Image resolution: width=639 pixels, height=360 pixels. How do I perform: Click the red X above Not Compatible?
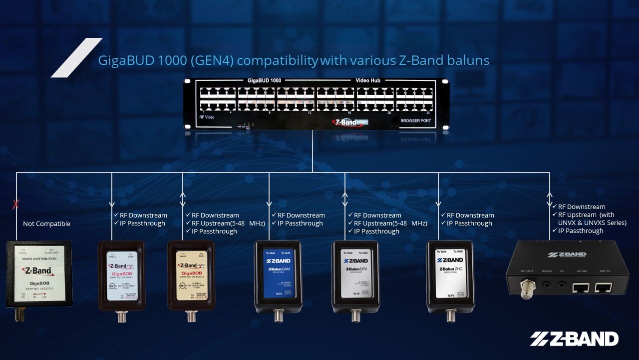(16, 203)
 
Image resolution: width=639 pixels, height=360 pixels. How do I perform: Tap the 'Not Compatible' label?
(46, 224)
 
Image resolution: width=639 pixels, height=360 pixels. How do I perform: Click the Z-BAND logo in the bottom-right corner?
(574, 339)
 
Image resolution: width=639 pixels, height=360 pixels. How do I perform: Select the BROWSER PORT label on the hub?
(415, 121)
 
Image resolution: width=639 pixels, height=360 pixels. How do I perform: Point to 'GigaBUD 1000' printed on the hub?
(264, 80)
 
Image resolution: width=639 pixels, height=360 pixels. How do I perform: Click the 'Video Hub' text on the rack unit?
(368, 80)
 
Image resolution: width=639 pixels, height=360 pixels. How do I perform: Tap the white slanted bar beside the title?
(76, 57)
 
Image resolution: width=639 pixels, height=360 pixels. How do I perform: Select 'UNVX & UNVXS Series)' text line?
(592, 222)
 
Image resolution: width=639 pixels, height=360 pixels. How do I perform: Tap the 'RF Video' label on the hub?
(207, 117)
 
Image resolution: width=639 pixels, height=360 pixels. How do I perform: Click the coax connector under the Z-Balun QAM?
(278, 316)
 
